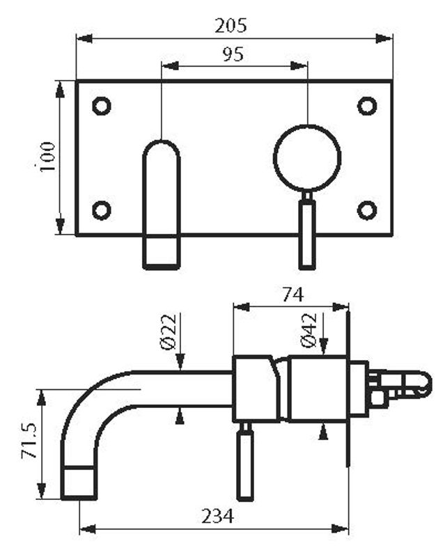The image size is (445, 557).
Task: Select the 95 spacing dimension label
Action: [x=233, y=55]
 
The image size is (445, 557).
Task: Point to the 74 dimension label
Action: [x=292, y=295]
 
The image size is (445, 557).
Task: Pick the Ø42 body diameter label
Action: [x=310, y=330]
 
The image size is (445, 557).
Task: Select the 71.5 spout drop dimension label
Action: [x=29, y=443]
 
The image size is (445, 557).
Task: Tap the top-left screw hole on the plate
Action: [x=102, y=106]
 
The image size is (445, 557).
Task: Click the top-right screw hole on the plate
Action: [x=367, y=106]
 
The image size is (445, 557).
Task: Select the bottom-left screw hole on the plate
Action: [x=102, y=210]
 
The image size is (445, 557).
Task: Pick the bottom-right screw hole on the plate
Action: [x=367, y=210]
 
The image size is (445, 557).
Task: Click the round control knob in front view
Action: [x=307, y=158]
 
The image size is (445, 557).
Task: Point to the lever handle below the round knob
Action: [x=307, y=233]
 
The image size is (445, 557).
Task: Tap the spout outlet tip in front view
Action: [x=162, y=252]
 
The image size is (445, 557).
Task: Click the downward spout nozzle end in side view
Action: [x=79, y=483]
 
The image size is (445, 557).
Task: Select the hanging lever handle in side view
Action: [x=245, y=464]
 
